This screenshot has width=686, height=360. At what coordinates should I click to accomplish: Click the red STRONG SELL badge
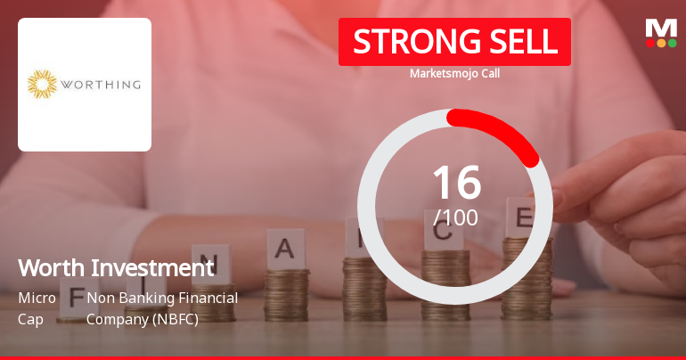[454, 41]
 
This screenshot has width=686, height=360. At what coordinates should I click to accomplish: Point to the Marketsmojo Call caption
[454, 73]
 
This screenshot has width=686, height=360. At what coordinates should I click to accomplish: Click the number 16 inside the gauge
[456, 183]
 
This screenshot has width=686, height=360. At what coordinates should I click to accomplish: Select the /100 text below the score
[456, 217]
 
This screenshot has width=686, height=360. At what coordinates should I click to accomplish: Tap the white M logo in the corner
[661, 28]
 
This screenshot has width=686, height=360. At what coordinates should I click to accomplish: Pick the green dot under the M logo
[673, 43]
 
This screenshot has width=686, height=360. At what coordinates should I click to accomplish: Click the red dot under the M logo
[650, 43]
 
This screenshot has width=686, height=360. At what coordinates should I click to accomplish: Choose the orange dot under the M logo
[661, 43]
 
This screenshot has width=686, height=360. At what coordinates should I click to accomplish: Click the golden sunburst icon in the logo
[42, 85]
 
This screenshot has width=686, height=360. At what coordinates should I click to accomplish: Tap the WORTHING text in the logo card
[100, 86]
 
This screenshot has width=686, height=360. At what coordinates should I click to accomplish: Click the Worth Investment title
[116, 267]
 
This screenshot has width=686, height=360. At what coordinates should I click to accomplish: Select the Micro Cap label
[37, 307]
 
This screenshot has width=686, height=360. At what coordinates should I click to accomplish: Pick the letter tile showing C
[444, 233]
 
